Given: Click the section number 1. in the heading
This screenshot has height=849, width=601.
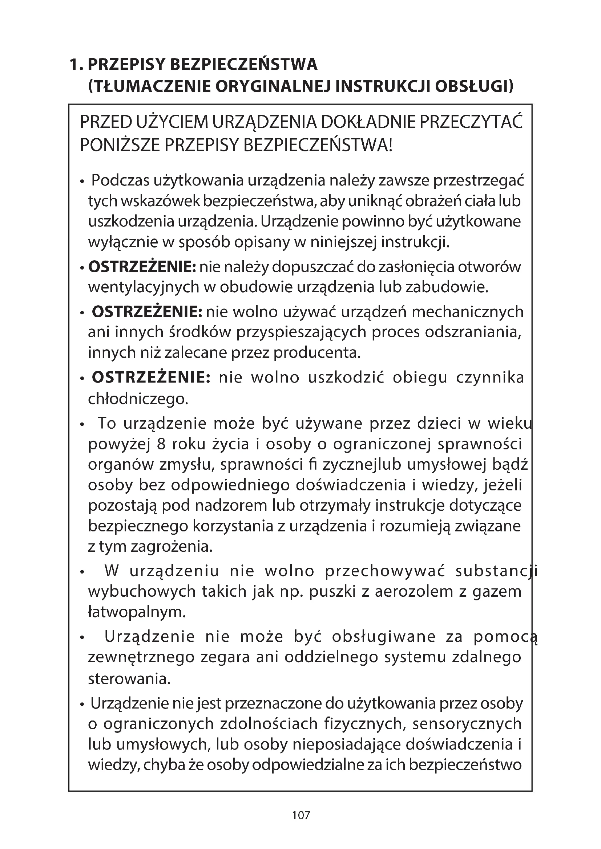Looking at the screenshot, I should pos(77,65).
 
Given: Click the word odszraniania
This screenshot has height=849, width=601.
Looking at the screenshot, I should pos(473,332).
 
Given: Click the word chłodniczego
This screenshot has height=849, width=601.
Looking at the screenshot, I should pos(138,399).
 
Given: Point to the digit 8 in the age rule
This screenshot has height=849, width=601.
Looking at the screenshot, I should pos(161,444).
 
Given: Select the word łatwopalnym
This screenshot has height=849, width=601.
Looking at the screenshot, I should pos(137,612).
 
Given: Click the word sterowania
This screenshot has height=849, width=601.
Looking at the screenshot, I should pos(129,679).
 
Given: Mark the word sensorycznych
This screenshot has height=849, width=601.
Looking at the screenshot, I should pos(467,724).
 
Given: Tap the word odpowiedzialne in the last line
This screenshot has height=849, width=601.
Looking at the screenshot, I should pos(318,765).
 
